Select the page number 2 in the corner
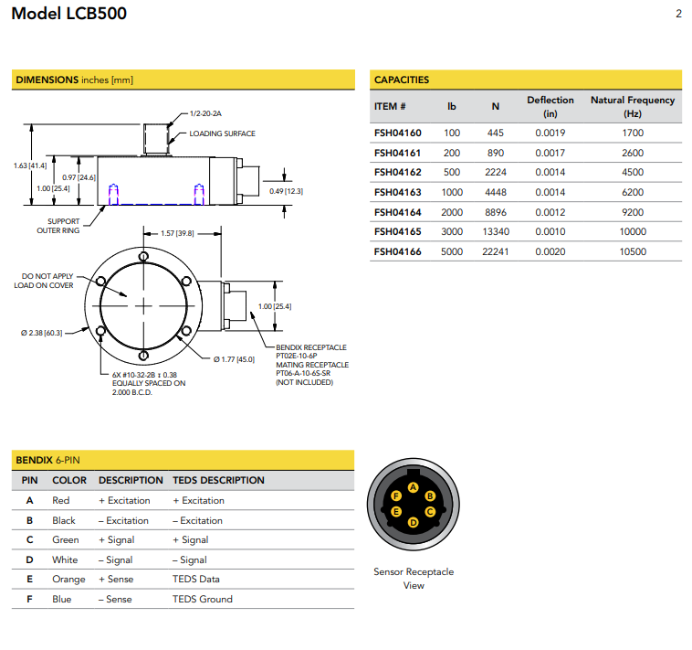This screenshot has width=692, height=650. [678, 14]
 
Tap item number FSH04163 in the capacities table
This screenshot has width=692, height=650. [397, 192]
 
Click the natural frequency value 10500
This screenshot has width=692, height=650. [633, 251]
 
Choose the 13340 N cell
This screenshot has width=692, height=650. [495, 231]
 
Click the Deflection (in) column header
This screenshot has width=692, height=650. [550, 106]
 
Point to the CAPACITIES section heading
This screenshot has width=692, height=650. [402, 80]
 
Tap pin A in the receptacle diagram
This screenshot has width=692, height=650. [414, 488]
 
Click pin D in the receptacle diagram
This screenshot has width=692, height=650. [414, 522]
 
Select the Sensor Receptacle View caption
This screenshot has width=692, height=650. [414, 579]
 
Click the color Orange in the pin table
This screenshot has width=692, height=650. [68, 579]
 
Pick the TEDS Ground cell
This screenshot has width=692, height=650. [202, 599]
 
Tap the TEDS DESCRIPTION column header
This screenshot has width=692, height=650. [218, 480]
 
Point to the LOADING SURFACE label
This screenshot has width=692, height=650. [222, 133]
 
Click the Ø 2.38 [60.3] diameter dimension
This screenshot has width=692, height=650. [42, 333]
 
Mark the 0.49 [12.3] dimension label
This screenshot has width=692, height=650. [287, 190]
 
